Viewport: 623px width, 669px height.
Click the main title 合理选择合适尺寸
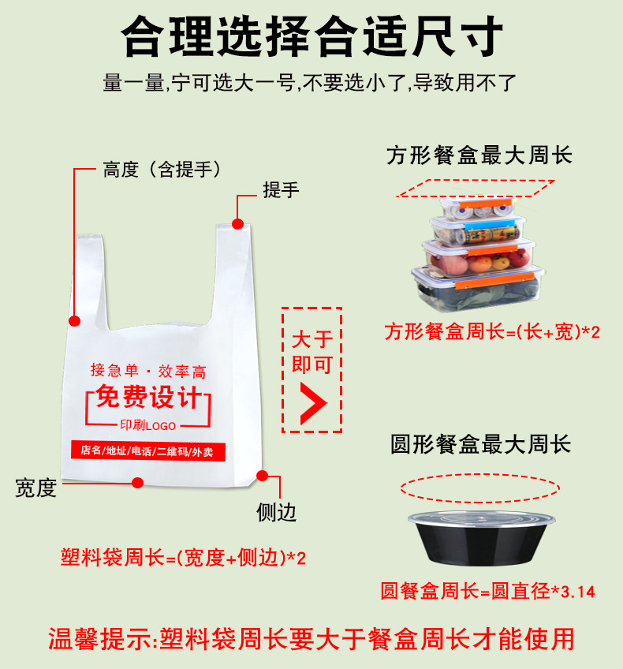pyautogui.click(x=311, y=35)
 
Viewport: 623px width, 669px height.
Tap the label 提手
pyautogui.click(x=281, y=190)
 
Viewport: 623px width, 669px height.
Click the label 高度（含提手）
pyautogui.click(x=162, y=170)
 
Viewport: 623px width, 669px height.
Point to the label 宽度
pyautogui.click(x=36, y=488)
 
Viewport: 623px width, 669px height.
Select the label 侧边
pyautogui.click(x=277, y=512)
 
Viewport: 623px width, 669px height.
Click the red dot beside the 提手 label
pyautogui.click(x=238, y=224)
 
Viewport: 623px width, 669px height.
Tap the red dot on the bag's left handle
pyautogui.click(x=75, y=321)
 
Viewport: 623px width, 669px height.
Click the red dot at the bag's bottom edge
pyautogui.click(x=138, y=481)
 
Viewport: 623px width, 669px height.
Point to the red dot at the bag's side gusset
pyautogui.click(x=263, y=476)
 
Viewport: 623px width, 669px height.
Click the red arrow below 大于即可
pyautogui.click(x=313, y=402)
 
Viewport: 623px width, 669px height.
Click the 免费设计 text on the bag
pyautogui.click(x=148, y=398)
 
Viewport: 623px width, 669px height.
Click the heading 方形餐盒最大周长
pyautogui.click(x=479, y=155)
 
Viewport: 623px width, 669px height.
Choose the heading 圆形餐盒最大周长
pyautogui.click(x=480, y=445)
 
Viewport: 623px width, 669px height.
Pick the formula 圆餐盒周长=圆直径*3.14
pyautogui.click(x=487, y=591)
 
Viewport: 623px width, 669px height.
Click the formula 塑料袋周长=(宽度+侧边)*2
pyautogui.click(x=183, y=559)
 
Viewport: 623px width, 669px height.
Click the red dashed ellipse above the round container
pyautogui.click(x=479, y=488)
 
